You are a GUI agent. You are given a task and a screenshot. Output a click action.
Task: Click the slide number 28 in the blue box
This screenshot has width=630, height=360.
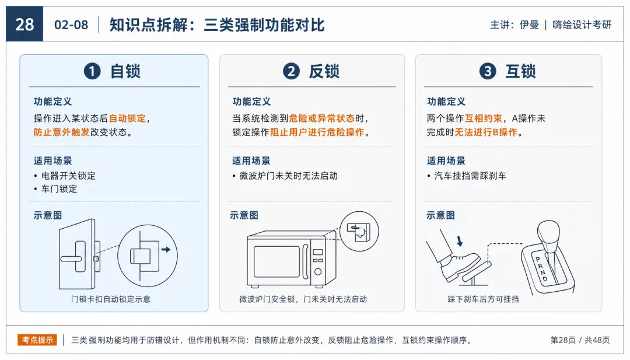(24, 25)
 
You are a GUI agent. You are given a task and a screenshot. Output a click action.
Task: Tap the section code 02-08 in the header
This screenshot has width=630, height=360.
(71, 25)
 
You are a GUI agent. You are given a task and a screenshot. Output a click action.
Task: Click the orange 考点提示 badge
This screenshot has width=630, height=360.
(37, 340)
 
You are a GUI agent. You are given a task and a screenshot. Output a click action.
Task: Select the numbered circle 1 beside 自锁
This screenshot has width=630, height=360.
(92, 71)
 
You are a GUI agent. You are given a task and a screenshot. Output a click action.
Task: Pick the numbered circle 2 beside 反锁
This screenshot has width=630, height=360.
(291, 71)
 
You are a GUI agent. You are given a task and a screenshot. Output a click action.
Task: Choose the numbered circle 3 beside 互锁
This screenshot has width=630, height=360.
(488, 71)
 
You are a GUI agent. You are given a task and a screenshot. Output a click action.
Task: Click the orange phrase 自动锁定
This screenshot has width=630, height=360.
(127, 118)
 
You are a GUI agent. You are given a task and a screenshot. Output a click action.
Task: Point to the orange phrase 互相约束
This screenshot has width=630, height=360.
(484, 118)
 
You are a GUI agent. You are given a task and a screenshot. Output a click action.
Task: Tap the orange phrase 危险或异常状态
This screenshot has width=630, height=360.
(322, 118)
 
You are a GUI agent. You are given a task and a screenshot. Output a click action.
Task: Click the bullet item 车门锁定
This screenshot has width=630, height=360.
(59, 189)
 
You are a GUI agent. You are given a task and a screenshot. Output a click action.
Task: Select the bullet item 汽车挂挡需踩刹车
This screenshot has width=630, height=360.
(470, 176)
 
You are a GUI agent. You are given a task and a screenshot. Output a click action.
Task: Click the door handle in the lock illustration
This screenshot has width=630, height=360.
(73, 258)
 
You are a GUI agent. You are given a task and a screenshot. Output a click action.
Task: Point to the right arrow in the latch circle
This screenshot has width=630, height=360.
(166, 250)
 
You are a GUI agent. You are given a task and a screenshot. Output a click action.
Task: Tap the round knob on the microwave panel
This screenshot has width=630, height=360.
(318, 272)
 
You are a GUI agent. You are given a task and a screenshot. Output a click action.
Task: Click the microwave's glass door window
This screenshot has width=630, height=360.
(277, 261)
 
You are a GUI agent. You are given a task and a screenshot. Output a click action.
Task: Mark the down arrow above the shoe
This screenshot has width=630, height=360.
(460, 241)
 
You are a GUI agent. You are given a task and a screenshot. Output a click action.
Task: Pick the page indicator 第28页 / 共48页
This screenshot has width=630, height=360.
(580, 340)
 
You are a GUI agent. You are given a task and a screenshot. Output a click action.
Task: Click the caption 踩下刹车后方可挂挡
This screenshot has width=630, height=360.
(483, 299)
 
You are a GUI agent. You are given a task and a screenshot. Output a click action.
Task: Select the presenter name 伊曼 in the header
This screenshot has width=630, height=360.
(529, 25)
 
